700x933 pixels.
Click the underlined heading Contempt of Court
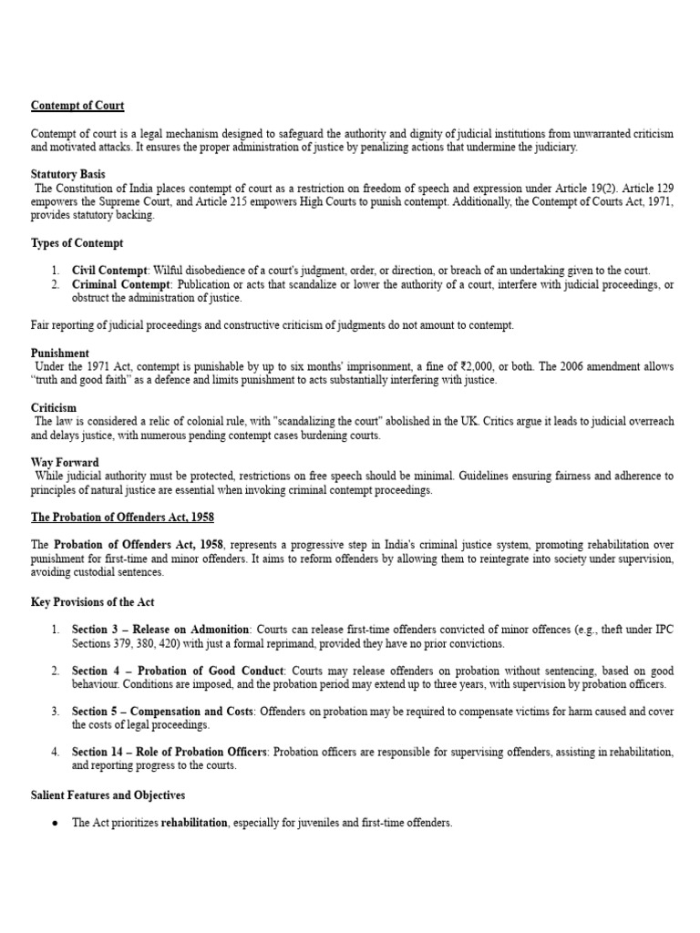pos(77,106)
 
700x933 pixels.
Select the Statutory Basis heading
pos(67,174)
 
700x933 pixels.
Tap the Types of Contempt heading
pos(77,243)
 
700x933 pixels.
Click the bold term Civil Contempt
pos(109,271)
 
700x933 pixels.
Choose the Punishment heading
pos(60,353)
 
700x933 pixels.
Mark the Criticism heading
pos(54,407)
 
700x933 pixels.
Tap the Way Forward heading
pos(65,462)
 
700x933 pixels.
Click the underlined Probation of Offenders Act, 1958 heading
pos(122,517)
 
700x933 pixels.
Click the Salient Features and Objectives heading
pos(108,795)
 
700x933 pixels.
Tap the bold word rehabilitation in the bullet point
pos(194,823)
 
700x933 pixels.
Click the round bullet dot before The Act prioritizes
pos(56,823)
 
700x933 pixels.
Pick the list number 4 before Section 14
pos(55,753)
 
